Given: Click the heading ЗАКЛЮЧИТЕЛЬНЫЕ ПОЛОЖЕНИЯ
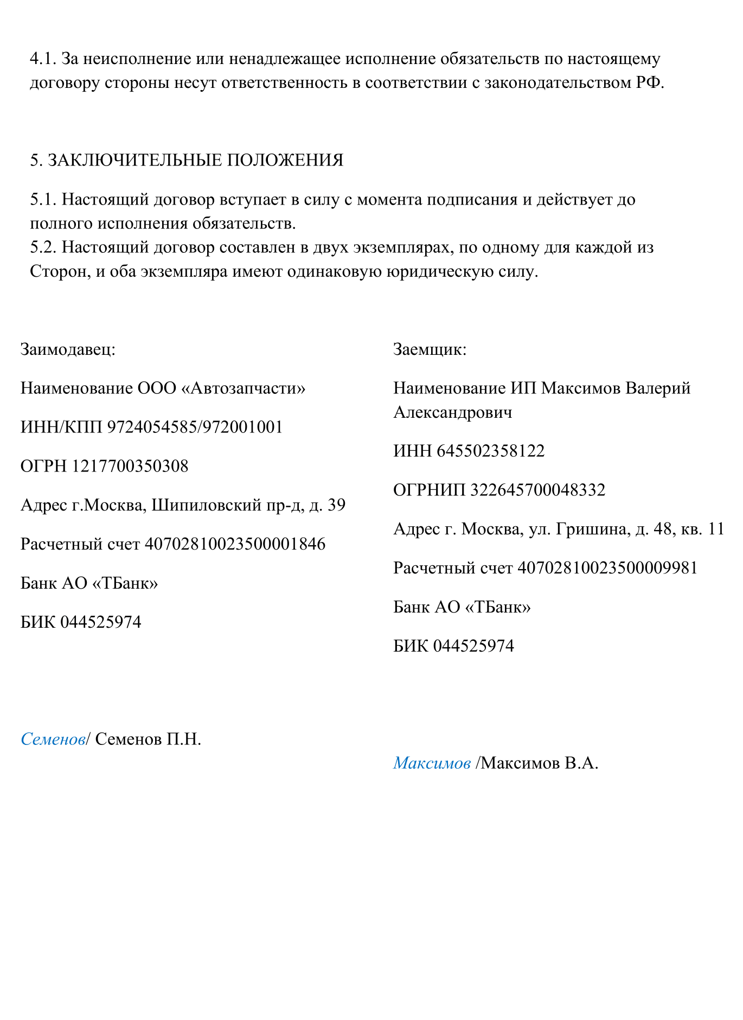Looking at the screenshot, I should pyautogui.click(x=195, y=161).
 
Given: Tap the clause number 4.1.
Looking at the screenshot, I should pyautogui.click(x=43, y=59).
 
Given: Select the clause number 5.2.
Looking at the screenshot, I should pyautogui.click(x=43, y=247).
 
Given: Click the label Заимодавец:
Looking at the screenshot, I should pyautogui.click(x=68, y=349).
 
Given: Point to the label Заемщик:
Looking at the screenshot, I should pyautogui.click(x=430, y=349).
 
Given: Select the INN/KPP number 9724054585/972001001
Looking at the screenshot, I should pyautogui.click(x=195, y=428).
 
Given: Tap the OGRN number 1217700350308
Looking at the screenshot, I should pyautogui.click(x=130, y=467).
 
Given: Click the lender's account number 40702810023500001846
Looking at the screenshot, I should pyautogui.click(x=235, y=544).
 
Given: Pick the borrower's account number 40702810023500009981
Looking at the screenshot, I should pyautogui.click(x=607, y=568).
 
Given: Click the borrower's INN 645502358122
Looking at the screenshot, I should pyautogui.click(x=490, y=451).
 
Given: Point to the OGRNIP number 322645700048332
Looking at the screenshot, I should pyautogui.click(x=537, y=490).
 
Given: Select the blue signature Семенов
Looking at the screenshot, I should pyautogui.click(x=53, y=739).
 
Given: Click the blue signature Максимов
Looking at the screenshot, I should pyautogui.click(x=432, y=763).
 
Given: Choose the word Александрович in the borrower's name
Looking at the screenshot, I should pyautogui.click(x=452, y=413).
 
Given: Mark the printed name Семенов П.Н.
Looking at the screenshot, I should pyautogui.click(x=148, y=739).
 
